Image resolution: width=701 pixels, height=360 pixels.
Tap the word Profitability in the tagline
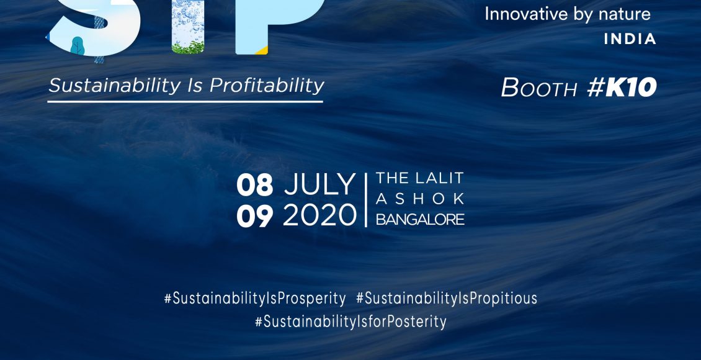coord(267,85)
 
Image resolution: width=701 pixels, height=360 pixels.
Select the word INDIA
coord(630,39)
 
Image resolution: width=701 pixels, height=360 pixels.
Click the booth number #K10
coord(622,87)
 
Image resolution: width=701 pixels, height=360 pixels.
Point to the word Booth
coord(539,88)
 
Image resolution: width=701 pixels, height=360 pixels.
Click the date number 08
coord(254,185)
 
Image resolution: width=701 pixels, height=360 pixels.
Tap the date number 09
coord(254,216)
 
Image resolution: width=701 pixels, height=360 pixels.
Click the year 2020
coord(319,215)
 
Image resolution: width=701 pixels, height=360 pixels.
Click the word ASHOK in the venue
coord(420,199)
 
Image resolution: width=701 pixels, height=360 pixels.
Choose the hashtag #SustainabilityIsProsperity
coord(255,299)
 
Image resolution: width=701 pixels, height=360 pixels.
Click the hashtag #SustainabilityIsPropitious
coord(447,299)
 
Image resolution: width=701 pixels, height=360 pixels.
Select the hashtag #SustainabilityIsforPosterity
coord(351,322)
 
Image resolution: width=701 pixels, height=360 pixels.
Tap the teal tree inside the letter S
coord(78,45)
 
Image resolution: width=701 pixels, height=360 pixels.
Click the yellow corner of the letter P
coord(263,50)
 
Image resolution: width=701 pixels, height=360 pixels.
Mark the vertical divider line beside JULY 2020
coord(366,200)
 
